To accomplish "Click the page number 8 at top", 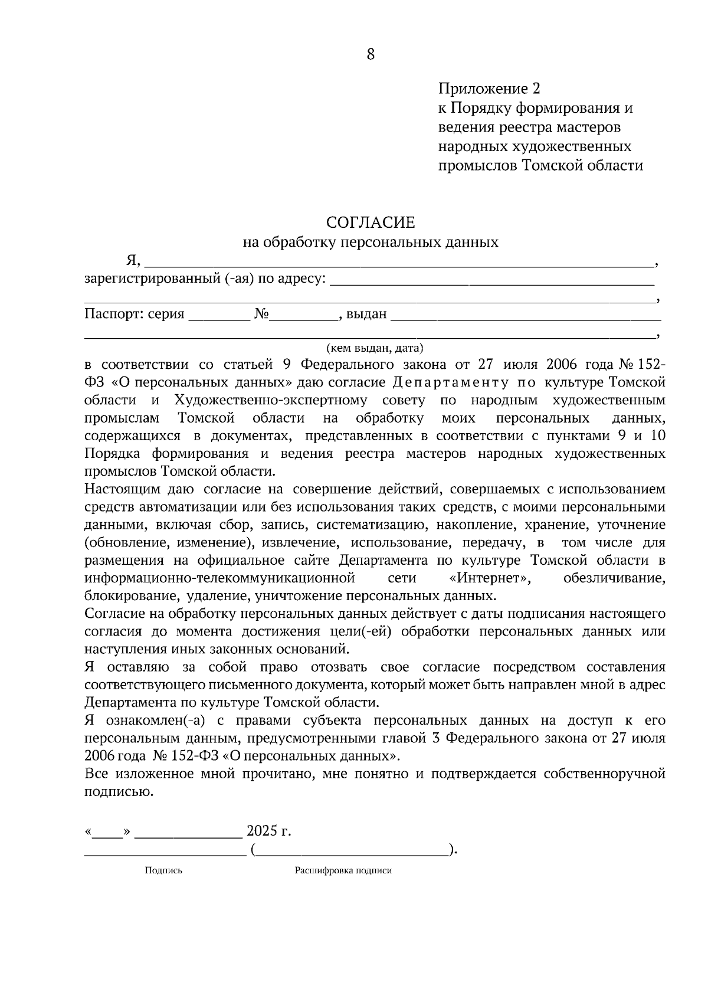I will pyautogui.click(x=371, y=55).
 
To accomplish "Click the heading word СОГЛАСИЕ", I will pyautogui.click(x=371, y=222).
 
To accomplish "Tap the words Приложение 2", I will pyautogui.click(x=489, y=89).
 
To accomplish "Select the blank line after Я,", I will pyautogui.click(x=398, y=262).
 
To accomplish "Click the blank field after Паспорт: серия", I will pyautogui.click(x=219, y=316).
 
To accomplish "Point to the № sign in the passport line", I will pyautogui.click(x=261, y=314).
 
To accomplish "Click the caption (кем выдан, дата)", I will pyautogui.click(x=375, y=348).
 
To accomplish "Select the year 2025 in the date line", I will pyautogui.click(x=262, y=831).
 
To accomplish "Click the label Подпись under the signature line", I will pyautogui.click(x=163, y=870).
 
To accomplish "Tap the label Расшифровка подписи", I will pyautogui.click(x=343, y=870).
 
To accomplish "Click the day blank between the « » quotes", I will pyautogui.click(x=107, y=833).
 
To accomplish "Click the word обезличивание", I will pyautogui.click(x=614, y=578).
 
